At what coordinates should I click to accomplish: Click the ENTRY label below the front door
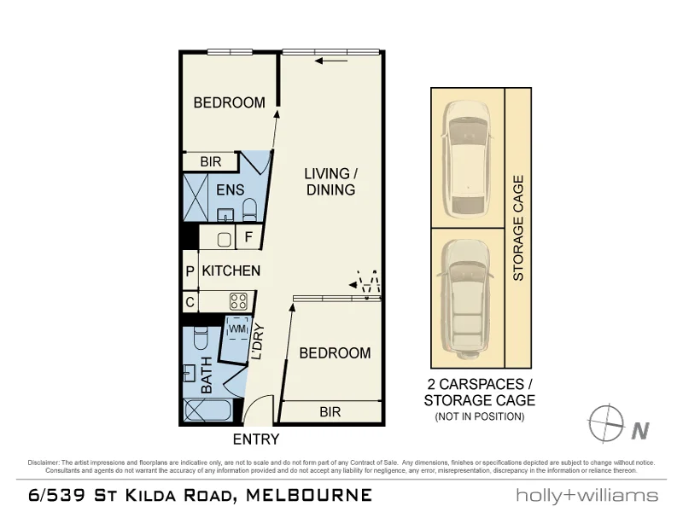(x=256, y=439)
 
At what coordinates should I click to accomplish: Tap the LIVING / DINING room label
(x=330, y=182)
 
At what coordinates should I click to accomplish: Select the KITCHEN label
(x=231, y=271)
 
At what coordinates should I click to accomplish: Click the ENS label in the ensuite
(x=230, y=189)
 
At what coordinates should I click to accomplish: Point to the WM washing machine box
(x=236, y=328)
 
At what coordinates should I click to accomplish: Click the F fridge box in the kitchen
(x=248, y=238)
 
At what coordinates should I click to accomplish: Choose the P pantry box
(x=190, y=271)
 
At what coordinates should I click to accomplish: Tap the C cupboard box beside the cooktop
(x=190, y=301)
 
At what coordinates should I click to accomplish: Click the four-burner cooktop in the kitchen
(x=238, y=301)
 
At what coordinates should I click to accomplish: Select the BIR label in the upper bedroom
(x=210, y=161)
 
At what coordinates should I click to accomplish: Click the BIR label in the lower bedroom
(x=330, y=412)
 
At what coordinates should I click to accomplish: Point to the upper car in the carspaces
(x=466, y=157)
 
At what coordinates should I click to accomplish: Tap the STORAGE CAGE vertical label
(x=517, y=228)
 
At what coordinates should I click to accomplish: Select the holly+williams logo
(x=587, y=495)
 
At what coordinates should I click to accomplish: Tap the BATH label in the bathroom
(x=206, y=375)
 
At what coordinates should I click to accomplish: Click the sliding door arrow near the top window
(x=331, y=61)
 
